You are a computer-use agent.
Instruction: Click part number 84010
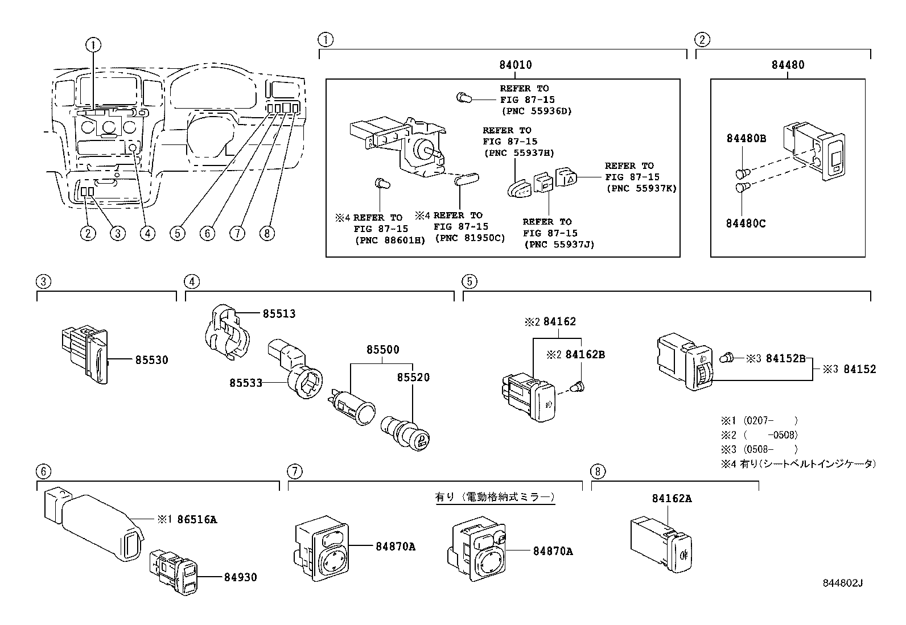[x=515, y=65]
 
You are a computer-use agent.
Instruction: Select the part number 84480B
[x=746, y=138]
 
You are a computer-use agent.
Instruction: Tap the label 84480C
[x=746, y=223]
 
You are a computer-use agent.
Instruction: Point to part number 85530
[x=151, y=360]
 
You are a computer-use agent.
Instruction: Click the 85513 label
[x=279, y=314]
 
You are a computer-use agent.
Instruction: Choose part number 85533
[x=246, y=383]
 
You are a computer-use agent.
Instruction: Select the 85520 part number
[x=413, y=378]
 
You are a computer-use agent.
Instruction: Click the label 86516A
[x=197, y=519]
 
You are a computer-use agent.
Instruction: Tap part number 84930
[x=240, y=577]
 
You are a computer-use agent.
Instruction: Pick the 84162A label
[x=672, y=499]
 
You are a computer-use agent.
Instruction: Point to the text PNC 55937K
[x=641, y=188]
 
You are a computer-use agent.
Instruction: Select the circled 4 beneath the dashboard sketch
[x=147, y=233]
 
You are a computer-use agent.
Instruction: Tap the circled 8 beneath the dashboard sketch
[x=266, y=233]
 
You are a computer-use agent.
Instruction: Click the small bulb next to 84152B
[x=726, y=358]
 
